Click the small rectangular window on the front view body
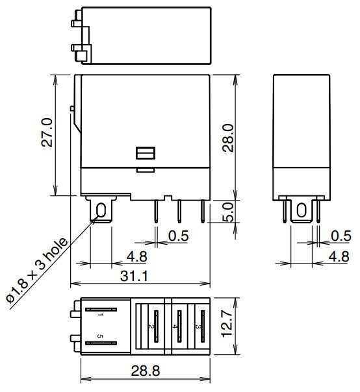145,153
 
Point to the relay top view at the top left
146,35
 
